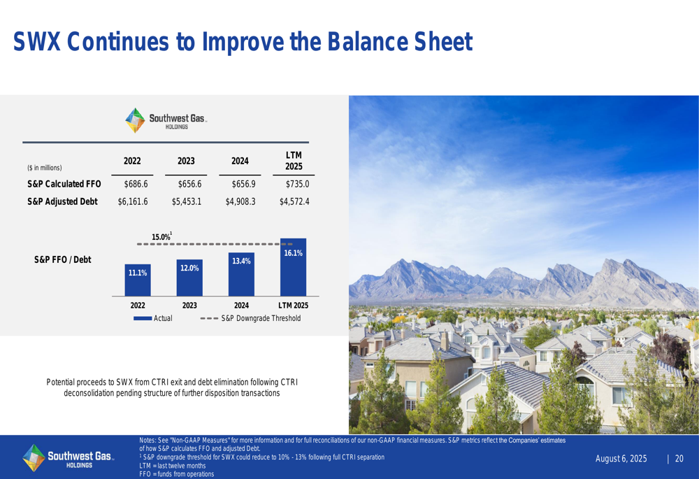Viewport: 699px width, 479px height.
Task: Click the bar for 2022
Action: coord(138,280)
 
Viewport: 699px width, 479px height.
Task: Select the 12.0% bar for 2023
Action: coord(189,278)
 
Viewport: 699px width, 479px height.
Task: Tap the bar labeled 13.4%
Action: coord(241,274)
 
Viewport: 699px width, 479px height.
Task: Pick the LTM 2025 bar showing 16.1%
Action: coord(294,267)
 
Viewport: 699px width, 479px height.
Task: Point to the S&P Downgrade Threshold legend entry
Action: coord(250,318)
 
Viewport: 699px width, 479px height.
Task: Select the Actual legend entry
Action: coord(153,318)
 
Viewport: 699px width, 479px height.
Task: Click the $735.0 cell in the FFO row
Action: coord(297,184)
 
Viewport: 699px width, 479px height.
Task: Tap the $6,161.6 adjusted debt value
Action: coord(133,201)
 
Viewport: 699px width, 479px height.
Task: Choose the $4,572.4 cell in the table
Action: coord(294,201)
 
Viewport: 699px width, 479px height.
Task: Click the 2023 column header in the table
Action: coord(186,161)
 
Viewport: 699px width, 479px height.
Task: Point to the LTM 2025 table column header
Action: coord(294,161)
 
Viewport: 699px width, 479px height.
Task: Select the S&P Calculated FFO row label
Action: coord(64,184)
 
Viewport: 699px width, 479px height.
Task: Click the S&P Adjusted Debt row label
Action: coord(62,201)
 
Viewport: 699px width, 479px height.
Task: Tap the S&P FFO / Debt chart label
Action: coord(62,259)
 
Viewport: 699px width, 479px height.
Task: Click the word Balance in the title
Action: coord(368,41)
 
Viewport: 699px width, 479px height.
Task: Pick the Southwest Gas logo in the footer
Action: coord(69,457)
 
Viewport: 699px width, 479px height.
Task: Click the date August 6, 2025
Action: coord(621,459)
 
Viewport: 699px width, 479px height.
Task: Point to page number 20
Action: coord(679,459)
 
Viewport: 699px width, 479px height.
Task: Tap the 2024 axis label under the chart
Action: coord(241,306)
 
